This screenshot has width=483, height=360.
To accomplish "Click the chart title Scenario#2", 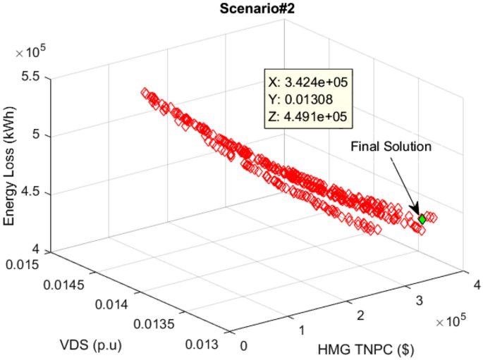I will click(243, 8).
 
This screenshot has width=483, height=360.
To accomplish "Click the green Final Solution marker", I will click(422, 219).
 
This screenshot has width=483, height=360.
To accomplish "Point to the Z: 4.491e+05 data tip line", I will click(305, 115).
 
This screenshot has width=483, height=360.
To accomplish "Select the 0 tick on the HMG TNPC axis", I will click(244, 346).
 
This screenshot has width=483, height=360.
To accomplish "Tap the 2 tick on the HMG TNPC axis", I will click(360, 314).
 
